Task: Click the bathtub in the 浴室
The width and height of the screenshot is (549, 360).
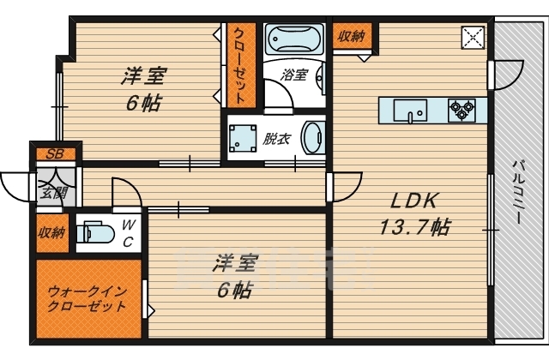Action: point(293,39)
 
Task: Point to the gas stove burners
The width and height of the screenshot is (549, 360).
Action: point(462,110)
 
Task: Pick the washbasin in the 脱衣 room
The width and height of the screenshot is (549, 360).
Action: point(315,137)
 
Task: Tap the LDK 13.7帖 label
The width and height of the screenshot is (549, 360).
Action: point(415,214)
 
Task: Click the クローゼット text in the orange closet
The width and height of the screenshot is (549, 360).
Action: point(239,64)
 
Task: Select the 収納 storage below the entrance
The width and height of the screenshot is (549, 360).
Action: point(51,232)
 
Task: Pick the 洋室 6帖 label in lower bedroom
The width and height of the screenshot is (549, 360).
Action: point(232,276)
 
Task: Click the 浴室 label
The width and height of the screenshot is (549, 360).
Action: point(294,75)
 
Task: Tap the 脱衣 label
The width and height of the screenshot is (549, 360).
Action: point(276,137)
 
